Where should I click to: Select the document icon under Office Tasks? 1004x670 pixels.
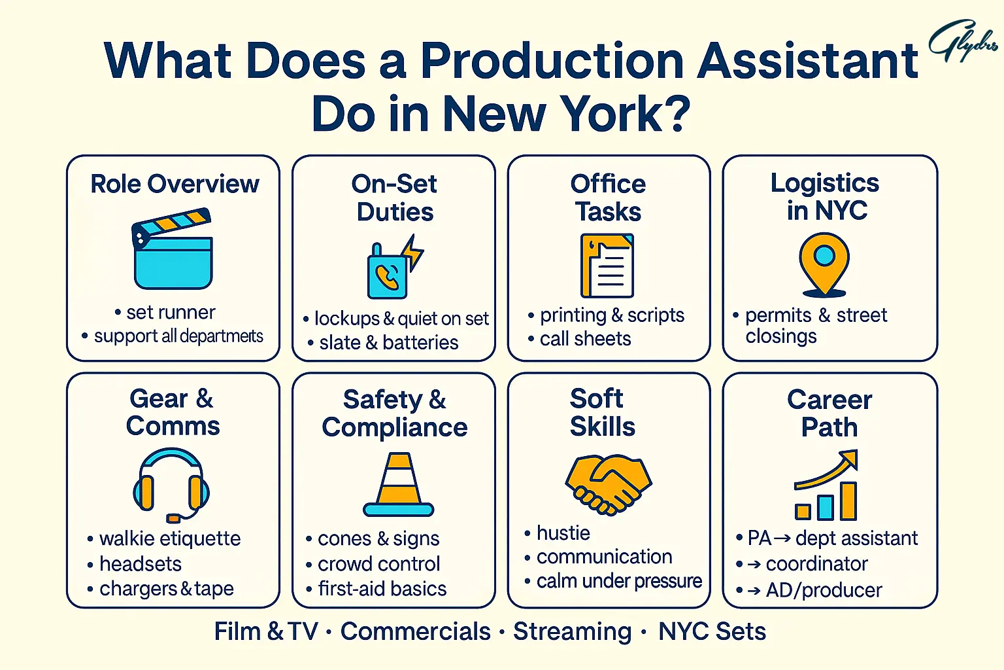pos(607,266)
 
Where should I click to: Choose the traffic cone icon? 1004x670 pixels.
pos(398,485)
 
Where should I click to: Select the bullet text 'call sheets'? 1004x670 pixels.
pos(585,339)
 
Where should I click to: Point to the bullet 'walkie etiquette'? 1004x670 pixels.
pos(170,538)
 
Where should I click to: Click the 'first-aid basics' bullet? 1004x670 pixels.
pos(382,589)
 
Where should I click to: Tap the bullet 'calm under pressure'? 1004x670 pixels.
pos(619,581)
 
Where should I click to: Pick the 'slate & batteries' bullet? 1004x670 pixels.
pos(388,343)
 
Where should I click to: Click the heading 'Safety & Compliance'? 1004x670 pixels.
pos(395,413)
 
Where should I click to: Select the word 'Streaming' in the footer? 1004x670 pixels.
pos(572,631)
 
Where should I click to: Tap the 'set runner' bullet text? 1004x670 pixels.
pos(171,313)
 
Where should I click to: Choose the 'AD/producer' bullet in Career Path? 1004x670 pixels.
pos(824,590)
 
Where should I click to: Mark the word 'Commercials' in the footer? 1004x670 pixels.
pos(415,631)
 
